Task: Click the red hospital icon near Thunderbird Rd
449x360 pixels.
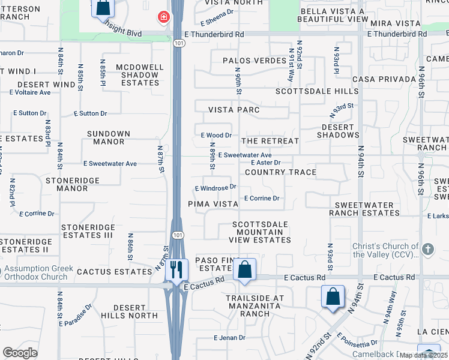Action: [163, 17]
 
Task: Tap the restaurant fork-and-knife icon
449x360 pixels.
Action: [176, 269]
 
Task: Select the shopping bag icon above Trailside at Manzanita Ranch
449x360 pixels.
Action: [245, 269]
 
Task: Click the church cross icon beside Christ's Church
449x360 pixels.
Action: [427, 248]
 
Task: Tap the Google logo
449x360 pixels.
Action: [20, 353]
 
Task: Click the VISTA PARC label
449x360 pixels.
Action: [234, 110]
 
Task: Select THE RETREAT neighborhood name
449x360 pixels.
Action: [270, 141]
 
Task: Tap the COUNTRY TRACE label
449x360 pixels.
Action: [280, 172]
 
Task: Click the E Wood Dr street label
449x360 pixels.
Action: [216, 136]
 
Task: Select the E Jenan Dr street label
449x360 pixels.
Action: [229, 338]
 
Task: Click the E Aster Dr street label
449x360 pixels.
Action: [266, 163]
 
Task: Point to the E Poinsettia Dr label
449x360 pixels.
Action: [357, 340]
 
